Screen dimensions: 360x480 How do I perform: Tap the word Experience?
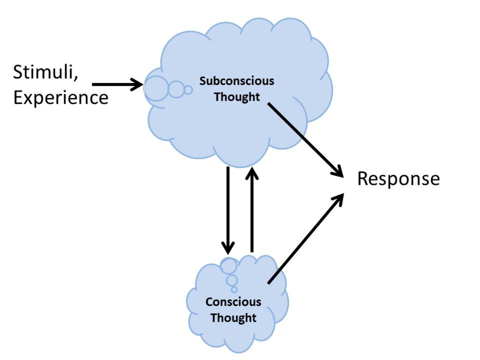(x=61, y=98)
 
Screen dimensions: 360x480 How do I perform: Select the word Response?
(x=398, y=179)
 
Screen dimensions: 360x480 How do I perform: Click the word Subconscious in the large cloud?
(x=237, y=81)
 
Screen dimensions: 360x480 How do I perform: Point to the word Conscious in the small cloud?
(x=233, y=302)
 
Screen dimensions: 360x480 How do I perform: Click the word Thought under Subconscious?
(x=237, y=97)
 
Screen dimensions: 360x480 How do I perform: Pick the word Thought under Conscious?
(x=233, y=318)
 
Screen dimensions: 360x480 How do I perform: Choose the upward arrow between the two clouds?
(x=252, y=208)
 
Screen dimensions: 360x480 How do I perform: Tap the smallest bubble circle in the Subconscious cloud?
(x=188, y=90)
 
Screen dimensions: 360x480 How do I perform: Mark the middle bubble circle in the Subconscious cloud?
(x=175, y=89)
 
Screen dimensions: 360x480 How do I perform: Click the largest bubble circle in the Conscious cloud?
(x=229, y=266)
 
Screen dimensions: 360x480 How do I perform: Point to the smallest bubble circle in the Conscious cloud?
(x=234, y=289)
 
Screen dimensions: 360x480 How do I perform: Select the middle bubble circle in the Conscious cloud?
(x=232, y=280)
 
